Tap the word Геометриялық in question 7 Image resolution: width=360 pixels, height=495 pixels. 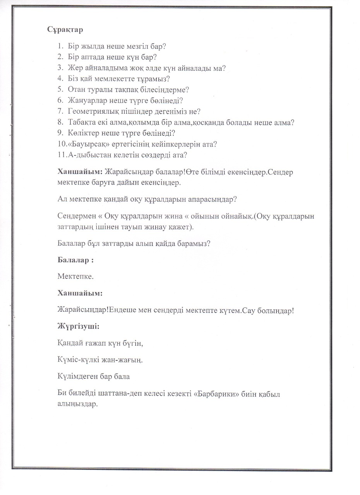94,111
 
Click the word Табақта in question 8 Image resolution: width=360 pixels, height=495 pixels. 82,123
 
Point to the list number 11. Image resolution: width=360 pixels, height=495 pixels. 61,155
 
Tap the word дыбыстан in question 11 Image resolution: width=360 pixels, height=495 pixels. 91,155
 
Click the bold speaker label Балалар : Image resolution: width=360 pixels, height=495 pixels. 75,260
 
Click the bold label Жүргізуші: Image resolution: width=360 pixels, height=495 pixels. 78,326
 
